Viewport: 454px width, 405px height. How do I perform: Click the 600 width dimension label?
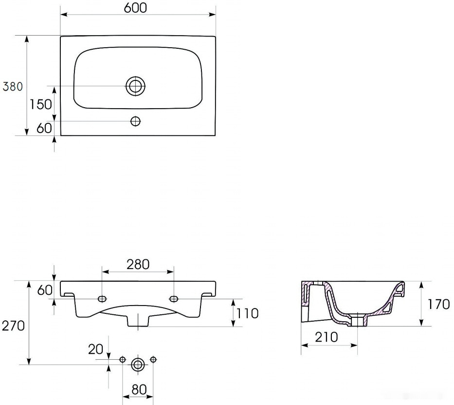point(135,8)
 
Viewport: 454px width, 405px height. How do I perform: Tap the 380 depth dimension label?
point(13,86)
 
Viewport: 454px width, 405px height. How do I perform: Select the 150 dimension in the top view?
point(41,104)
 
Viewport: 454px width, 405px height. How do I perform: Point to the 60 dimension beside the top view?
point(44,128)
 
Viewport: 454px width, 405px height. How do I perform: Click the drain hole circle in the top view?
point(135,86)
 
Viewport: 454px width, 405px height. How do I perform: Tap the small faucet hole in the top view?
point(135,121)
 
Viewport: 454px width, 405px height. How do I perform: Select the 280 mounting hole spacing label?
point(138,264)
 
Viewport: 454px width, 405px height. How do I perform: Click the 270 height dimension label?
point(13,326)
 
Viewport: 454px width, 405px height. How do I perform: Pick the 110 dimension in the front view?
point(248,313)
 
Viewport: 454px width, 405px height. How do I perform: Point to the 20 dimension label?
point(95,349)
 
